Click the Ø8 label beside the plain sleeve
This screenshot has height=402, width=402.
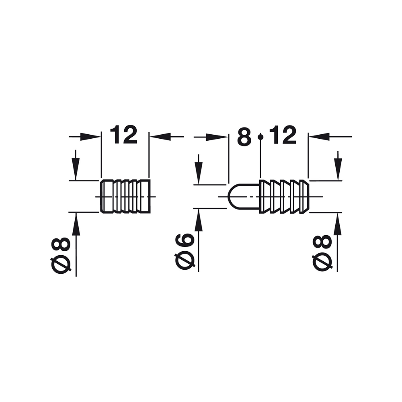pyautogui.click(x=62, y=256)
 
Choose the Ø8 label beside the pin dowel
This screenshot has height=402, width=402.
pyautogui.click(x=322, y=253)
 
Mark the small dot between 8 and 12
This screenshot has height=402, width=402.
pyautogui.click(x=261, y=137)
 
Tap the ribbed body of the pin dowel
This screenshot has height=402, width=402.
pyautogui.click(x=285, y=197)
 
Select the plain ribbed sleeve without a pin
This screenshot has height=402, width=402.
pyautogui.click(x=125, y=197)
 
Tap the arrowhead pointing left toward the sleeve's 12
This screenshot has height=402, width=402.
pyautogui.click(x=159, y=137)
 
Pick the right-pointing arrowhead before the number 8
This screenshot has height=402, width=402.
pyautogui.click(x=219, y=137)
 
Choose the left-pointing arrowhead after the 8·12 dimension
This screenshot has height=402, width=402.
pyautogui.click(x=318, y=137)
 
